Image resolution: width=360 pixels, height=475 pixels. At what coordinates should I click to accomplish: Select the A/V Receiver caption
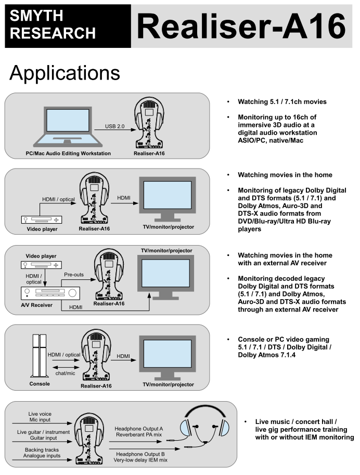point(36,305)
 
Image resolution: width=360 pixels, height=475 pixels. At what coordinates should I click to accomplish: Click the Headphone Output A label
point(138,428)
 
